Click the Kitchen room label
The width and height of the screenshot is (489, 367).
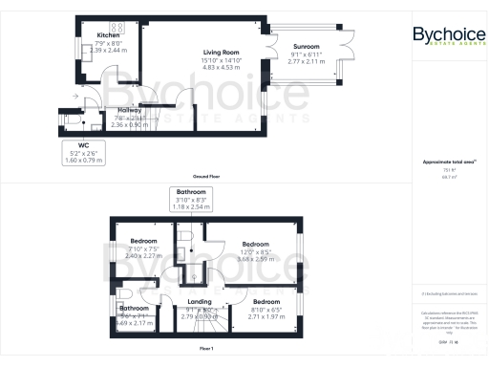[x=107, y=35]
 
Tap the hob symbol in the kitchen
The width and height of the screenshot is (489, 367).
[x=120, y=26]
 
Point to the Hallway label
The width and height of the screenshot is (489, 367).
[x=117, y=111]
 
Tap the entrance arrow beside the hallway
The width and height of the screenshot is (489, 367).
[x=75, y=97]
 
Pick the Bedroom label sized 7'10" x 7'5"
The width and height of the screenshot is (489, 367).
[x=143, y=241]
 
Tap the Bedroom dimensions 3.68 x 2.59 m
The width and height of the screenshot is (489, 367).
[x=258, y=259]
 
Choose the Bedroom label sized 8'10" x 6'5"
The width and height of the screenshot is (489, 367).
[x=266, y=302]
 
